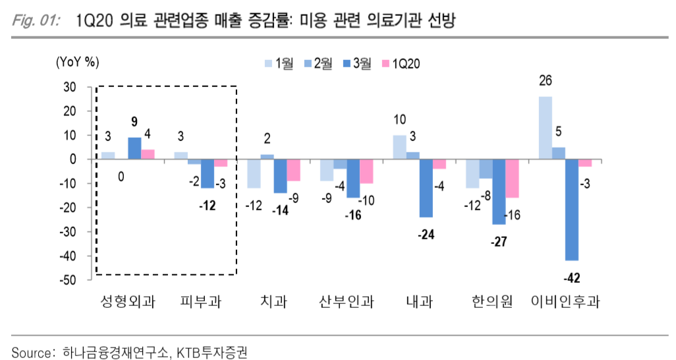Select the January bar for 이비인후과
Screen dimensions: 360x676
coord(546,128)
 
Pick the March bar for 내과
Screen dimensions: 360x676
coord(426,188)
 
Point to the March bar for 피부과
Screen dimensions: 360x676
coord(208,173)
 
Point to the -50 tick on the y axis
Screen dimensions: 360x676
coord(69,280)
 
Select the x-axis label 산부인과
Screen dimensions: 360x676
coord(347,303)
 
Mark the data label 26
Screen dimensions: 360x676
coord(545,81)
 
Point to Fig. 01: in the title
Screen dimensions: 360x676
coord(36,22)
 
